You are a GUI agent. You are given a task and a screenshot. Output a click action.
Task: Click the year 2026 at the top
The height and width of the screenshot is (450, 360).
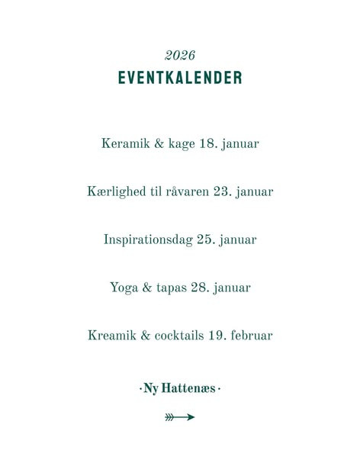[180, 55]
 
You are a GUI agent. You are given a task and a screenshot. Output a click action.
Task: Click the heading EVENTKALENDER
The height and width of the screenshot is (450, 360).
[180, 78]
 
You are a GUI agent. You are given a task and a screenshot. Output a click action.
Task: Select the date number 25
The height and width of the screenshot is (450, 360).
[205, 239]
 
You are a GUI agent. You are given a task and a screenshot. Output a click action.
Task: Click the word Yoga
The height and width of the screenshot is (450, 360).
[124, 288]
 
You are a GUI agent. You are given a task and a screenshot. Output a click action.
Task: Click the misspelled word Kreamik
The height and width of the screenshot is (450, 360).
[112, 335]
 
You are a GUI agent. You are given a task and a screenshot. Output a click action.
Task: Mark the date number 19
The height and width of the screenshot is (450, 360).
[217, 335]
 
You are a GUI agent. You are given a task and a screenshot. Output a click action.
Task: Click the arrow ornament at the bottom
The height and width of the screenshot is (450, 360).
[180, 417]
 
